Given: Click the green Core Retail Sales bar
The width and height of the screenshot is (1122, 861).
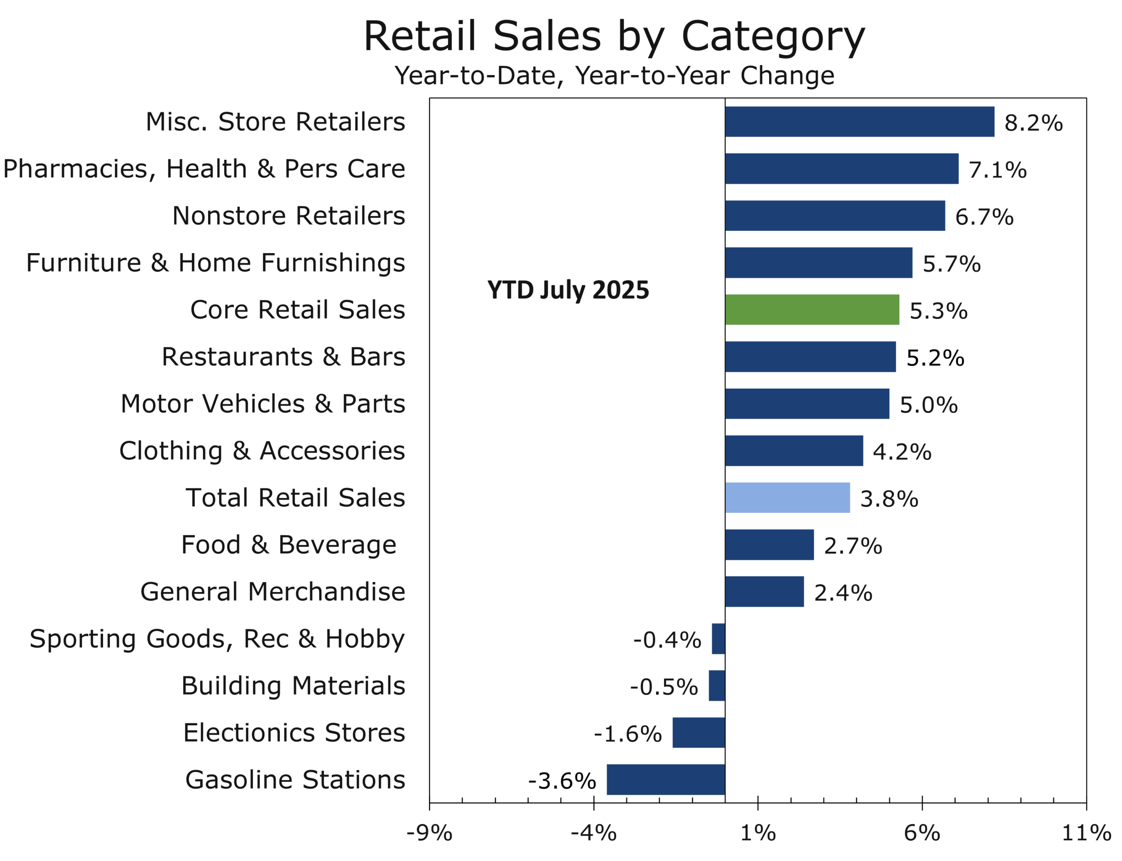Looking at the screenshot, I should click(812, 310).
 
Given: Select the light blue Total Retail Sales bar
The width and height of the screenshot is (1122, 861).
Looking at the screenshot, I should click(787, 498).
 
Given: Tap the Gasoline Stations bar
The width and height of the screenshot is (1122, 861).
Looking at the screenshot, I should click(666, 780).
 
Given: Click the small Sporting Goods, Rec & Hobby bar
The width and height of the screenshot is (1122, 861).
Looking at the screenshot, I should click(718, 639).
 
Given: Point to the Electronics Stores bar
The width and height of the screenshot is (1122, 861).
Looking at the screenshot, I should click(699, 732).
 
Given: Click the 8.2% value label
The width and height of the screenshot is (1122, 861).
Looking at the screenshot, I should click(1033, 123).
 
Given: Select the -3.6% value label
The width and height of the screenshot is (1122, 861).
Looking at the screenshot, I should click(562, 781).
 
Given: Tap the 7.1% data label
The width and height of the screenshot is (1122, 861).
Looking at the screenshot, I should click(998, 170).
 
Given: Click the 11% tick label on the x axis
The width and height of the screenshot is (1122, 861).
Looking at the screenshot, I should click(1086, 833).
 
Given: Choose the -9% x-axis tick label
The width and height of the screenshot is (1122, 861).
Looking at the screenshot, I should click(429, 833).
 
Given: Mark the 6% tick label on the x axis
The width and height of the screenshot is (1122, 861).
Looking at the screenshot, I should click(922, 833).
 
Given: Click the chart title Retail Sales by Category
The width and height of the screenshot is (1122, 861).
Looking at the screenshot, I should click(614, 37).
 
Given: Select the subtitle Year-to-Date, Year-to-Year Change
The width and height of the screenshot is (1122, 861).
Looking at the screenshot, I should click(614, 76).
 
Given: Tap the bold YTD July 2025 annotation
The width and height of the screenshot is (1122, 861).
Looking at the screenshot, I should click(568, 290).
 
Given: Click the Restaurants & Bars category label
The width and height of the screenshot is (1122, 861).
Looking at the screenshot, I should click(283, 356).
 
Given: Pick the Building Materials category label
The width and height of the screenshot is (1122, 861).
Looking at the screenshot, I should click(293, 686).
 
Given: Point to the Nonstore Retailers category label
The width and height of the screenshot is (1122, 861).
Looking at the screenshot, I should click(288, 216).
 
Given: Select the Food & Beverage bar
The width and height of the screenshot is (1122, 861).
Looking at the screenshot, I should click(769, 545).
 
